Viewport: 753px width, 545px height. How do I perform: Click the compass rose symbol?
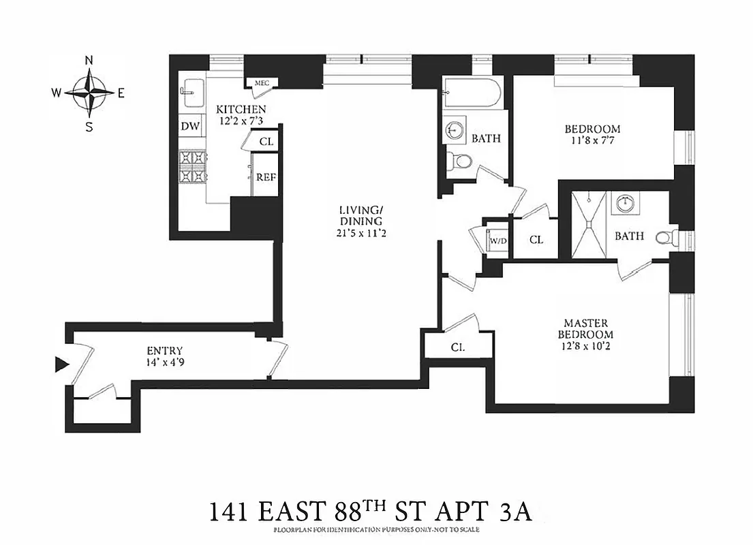tap(89, 93)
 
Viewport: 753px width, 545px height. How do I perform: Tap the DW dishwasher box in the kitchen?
tap(190, 127)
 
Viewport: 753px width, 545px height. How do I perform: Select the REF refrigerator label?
tap(266, 176)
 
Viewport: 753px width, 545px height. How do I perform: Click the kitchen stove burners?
tap(192, 167)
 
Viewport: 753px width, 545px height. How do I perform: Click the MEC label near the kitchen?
tap(262, 83)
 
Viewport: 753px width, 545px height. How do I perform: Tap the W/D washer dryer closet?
tap(497, 240)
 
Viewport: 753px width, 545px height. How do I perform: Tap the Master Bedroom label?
tap(585, 328)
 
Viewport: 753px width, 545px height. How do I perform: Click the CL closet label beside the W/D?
tap(536, 240)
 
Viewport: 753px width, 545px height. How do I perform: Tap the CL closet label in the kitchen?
tap(266, 142)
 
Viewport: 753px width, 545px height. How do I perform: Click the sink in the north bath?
tap(455, 129)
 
